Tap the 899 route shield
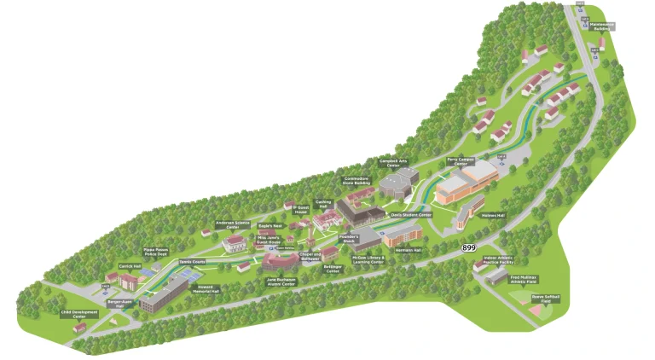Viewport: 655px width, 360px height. (x=468, y=247)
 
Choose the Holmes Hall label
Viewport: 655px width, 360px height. (x=495, y=216)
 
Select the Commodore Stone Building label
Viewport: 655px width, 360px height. (x=356, y=180)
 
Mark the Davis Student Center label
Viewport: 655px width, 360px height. (x=411, y=215)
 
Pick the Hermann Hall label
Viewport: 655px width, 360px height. (x=410, y=250)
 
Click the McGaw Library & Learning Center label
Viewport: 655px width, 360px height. (x=369, y=259)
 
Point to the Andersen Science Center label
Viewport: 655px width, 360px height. (x=232, y=225)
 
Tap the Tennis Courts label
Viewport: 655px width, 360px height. (x=192, y=262)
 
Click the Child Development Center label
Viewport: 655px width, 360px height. (x=79, y=315)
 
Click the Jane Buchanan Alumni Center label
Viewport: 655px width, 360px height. (x=281, y=282)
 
